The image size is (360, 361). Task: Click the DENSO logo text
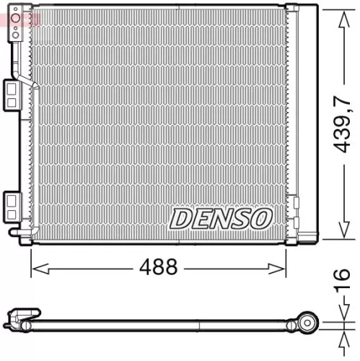[221, 217]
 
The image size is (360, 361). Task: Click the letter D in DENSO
[180, 217]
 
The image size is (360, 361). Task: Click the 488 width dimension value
[157, 267]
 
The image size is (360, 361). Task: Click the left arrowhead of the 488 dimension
[35, 268]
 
